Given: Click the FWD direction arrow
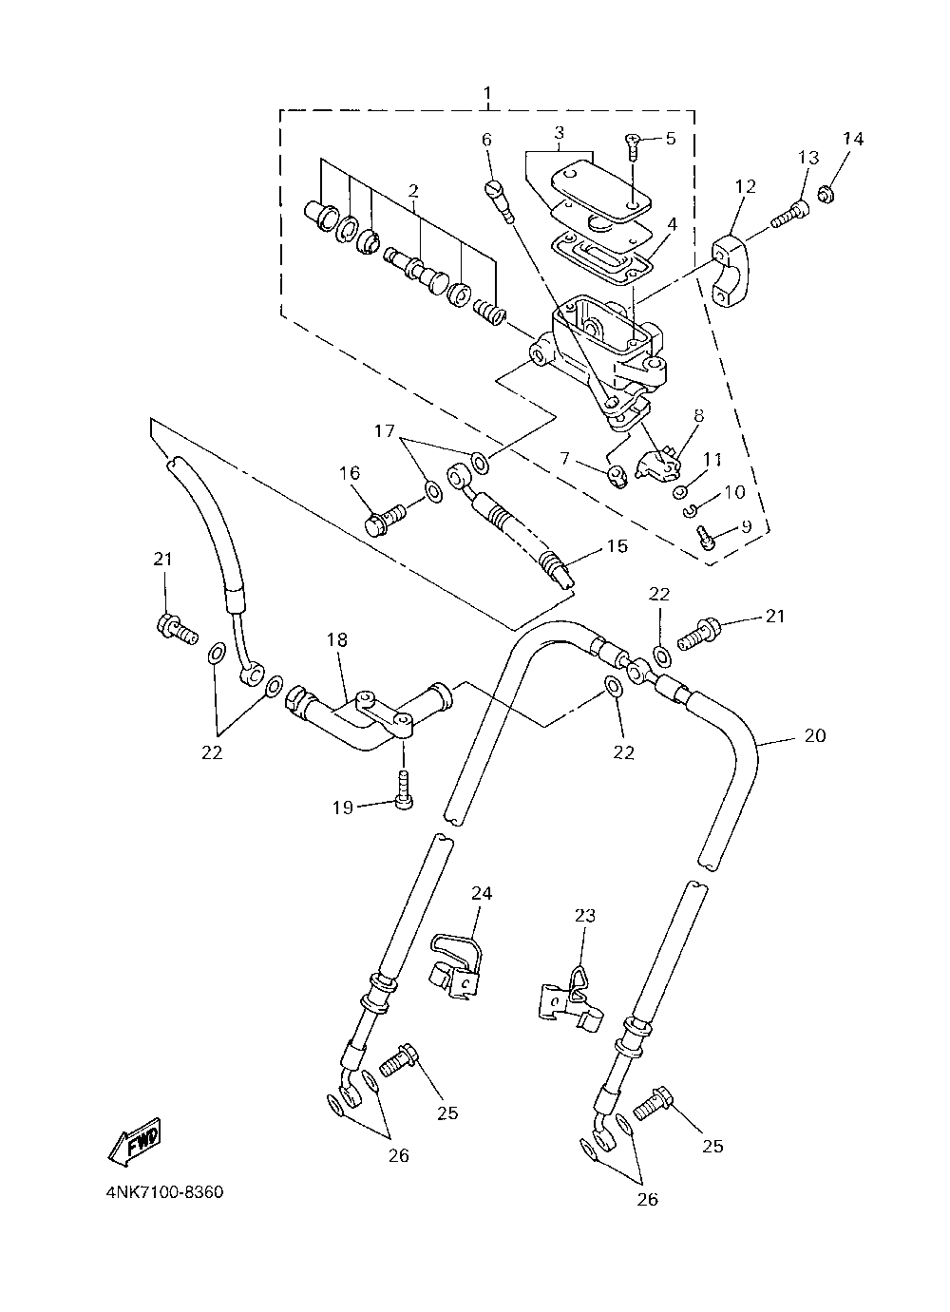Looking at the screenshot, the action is pos(135,1140).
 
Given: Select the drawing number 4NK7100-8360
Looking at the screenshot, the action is pos(165,1192).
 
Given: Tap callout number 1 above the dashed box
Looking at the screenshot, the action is pos(487,94).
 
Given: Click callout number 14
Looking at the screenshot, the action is pos(853,139).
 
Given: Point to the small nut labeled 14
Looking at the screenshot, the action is pos(826,193).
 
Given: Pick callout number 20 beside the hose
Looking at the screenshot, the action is pos(815,735).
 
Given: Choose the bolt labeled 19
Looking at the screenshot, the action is pos(404,790).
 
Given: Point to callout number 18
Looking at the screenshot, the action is pos(337,639).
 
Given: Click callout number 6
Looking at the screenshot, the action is pos(486,140).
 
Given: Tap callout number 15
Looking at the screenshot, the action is pos(617,546).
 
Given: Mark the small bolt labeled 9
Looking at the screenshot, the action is pos(708,540).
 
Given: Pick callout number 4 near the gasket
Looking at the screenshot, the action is pos(672,224).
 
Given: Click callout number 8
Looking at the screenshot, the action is pos(698,416).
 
